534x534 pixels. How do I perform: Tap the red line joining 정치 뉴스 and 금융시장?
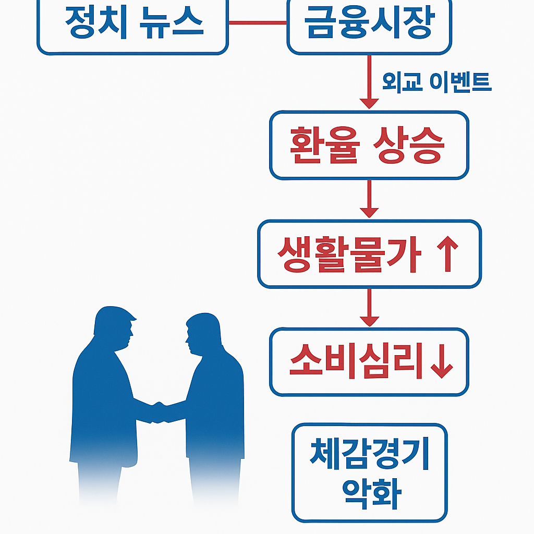click(x=258, y=22)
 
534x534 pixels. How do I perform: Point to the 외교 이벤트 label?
click(x=436, y=82)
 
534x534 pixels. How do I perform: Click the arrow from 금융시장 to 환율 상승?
click(x=369, y=83)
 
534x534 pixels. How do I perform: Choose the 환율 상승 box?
click(x=369, y=144)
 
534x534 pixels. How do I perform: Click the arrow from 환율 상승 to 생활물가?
click(x=369, y=199)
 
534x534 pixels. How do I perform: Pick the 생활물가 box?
click(x=369, y=253)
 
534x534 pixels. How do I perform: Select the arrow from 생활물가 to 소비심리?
click(x=369, y=308)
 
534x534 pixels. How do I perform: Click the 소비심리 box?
click(x=369, y=361)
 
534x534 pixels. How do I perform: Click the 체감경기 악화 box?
click(x=369, y=472)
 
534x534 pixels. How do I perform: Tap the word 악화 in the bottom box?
click(x=369, y=492)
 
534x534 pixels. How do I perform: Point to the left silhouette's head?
click(x=114, y=326)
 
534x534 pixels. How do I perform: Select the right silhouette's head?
click(x=201, y=334)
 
